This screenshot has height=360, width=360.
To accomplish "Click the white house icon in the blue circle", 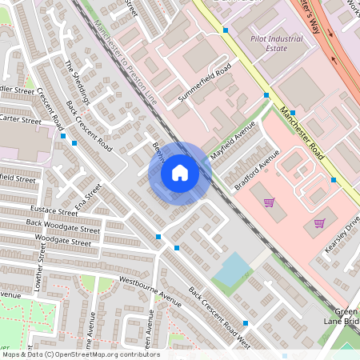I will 180,173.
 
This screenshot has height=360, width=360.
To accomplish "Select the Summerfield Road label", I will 204,82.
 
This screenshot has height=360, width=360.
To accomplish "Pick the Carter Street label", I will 20,119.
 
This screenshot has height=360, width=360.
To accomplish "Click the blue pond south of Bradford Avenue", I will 231,270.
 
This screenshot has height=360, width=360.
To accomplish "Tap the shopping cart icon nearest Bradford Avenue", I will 268,202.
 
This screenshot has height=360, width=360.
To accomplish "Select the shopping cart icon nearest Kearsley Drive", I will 319,223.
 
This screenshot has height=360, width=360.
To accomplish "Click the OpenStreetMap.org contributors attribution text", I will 103,354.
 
